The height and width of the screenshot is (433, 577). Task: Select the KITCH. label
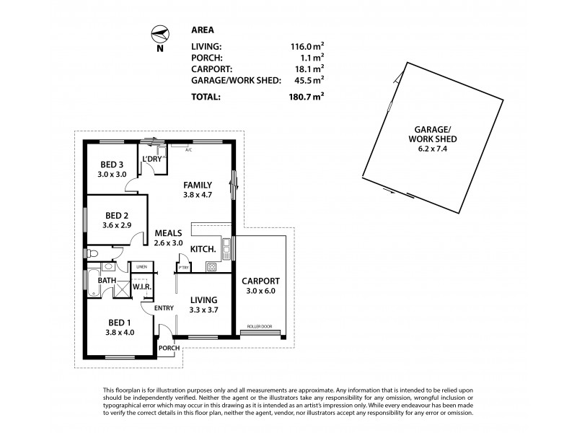[203, 249]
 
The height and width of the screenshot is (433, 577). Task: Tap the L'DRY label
[152, 159]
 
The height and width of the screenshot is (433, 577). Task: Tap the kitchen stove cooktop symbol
[211, 267]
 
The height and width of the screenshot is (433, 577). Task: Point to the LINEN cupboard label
[141, 267]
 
